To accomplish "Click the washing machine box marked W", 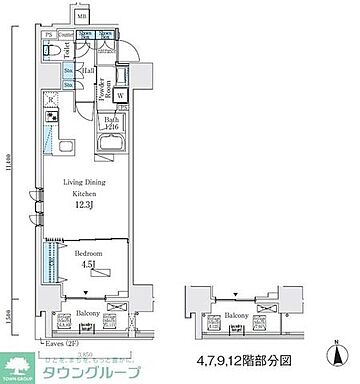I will pos(120,96).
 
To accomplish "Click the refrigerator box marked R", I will pos(50,100).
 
